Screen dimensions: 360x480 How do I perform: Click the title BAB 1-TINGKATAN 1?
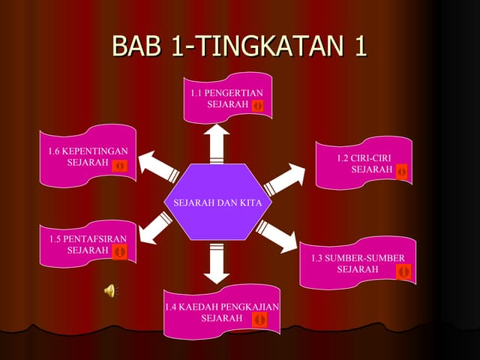tap(239, 46)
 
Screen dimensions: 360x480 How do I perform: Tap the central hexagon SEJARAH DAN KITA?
tap(217, 202)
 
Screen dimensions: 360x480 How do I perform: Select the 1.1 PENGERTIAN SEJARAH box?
tap(227, 97)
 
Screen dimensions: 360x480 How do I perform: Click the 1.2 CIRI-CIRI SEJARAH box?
tap(364, 162)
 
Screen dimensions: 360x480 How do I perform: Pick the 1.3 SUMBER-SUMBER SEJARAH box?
tap(358, 262)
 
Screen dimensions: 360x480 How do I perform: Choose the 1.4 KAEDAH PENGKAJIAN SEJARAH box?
tap(221, 312)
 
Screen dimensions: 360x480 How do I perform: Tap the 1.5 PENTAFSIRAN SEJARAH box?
tap(88, 243)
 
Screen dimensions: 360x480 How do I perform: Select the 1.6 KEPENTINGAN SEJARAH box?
tap(88, 156)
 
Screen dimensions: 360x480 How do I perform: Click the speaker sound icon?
tap(109, 291)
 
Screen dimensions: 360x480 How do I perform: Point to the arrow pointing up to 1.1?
tap(218, 142)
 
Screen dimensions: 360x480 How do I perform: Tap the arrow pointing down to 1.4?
tap(217, 263)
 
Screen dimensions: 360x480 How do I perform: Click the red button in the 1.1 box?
tap(257, 106)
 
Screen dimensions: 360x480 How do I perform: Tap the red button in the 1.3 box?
tap(404, 271)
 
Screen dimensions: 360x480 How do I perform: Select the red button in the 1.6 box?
tap(118, 164)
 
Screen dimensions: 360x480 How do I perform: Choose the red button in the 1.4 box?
tap(259, 319)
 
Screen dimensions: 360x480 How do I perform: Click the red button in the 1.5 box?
tap(119, 251)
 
